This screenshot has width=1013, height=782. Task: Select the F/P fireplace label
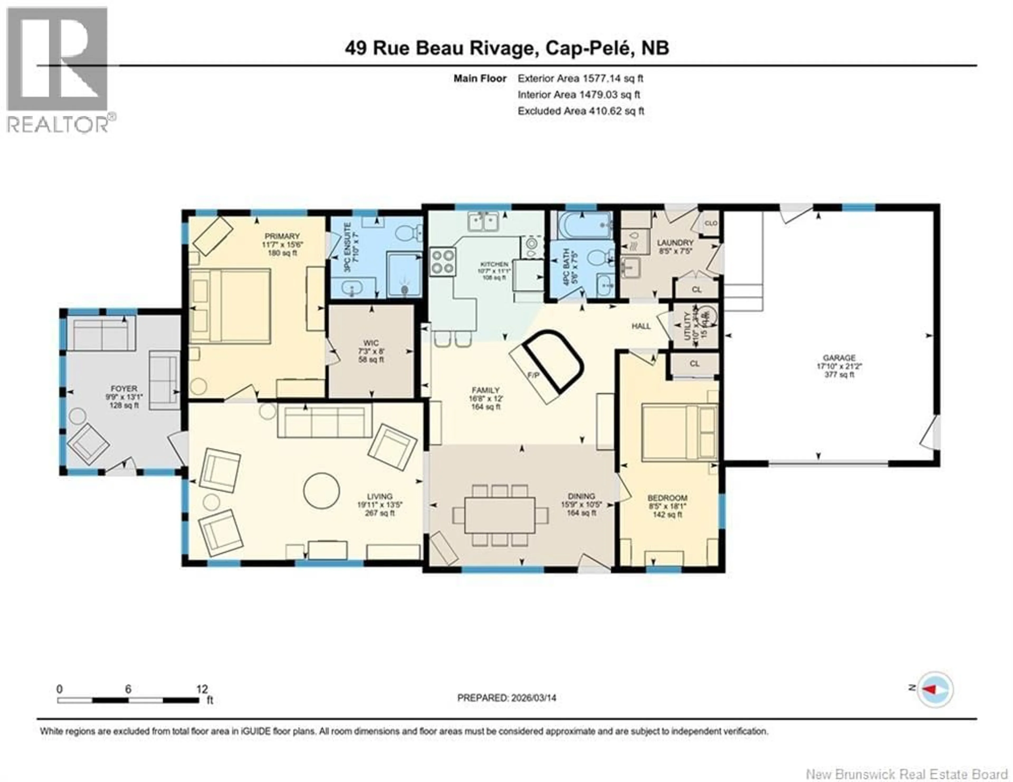(x=534, y=375)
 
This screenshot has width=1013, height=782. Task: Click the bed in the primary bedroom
(x=231, y=306)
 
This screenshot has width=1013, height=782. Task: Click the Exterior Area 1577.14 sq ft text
(x=580, y=78)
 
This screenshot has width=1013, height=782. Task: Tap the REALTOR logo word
(x=58, y=124)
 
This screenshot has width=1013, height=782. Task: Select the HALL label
(x=641, y=326)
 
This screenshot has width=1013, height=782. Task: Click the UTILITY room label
(x=688, y=326)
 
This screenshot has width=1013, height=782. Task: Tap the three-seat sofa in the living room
(x=325, y=421)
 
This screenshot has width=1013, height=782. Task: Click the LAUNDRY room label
(x=675, y=242)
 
